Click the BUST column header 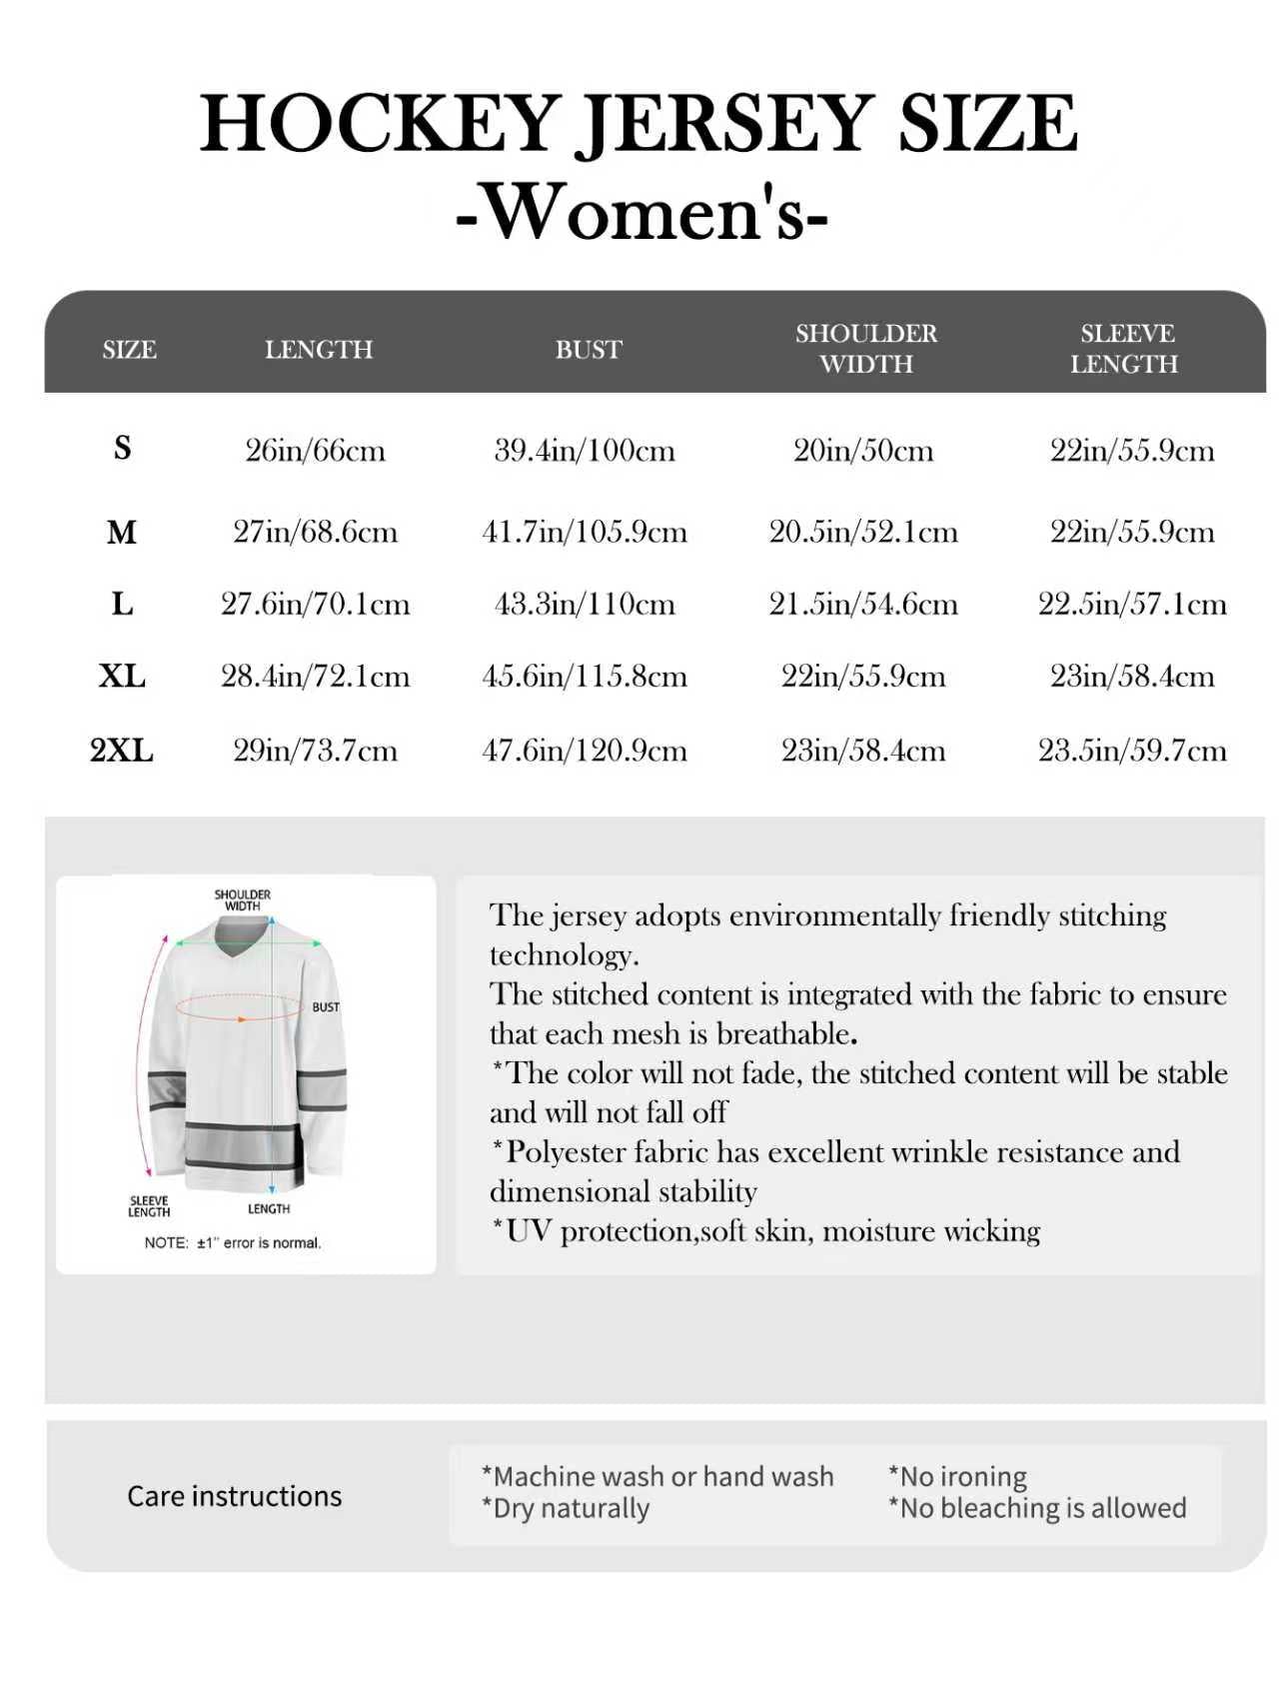pos(589,350)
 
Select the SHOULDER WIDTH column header pos(866,348)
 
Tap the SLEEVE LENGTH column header pos(1125,348)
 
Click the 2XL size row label pos(122,750)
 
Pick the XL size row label pos(122,677)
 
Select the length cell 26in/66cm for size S pos(316,450)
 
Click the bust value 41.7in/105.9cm pos(585,531)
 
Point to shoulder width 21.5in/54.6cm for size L pos(863,604)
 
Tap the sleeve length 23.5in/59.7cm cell pos(1132,750)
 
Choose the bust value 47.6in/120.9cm pos(585,750)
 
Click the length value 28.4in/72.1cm pos(316,677)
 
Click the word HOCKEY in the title pos(379,124)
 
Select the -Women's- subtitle pos(641,212)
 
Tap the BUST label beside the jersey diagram pos(326,1007)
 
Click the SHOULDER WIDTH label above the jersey pos(243,900)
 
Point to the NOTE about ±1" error pos(233,1243)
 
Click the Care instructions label pos(234,1496)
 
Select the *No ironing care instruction pos(957,1476)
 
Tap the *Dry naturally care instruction pos(565,1508)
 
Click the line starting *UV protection pos(765,1230)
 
